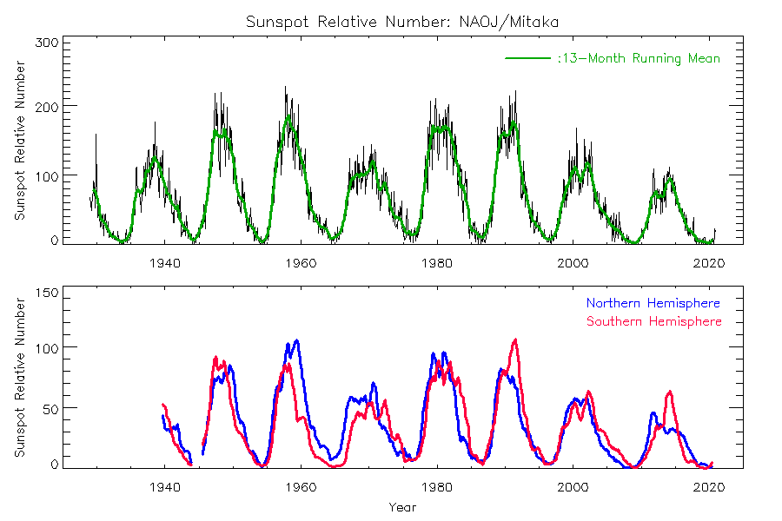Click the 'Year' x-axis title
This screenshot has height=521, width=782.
coord(402,507)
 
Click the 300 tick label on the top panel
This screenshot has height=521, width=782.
coord(47,42)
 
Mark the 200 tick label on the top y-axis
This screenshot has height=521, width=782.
coord(47,106)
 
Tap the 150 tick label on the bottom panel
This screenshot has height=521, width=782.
coord(47,293)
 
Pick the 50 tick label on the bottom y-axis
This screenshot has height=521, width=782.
coord(50,407)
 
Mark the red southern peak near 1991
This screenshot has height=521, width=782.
coord(515,340)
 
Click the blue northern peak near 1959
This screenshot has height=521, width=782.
coord(296,340)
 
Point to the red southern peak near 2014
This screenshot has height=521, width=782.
coord(669,392)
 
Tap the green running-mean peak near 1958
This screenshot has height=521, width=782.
coord(288,117)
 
